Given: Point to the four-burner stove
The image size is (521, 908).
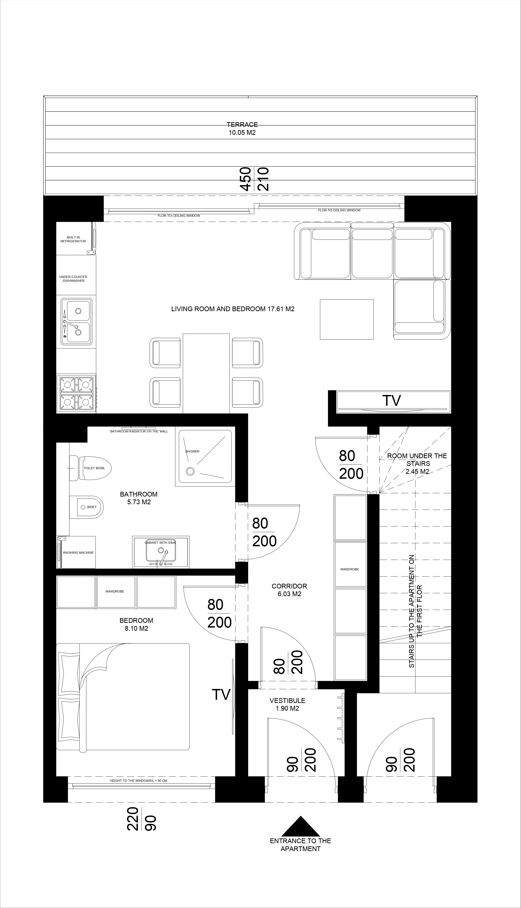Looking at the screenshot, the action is [x=76, y=394].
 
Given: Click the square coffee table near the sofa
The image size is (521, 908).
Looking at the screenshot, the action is [x=347, y=319].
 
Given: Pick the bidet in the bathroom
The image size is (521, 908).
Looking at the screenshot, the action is [x=86, y=507].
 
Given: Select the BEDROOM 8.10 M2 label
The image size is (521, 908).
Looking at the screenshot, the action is [x=136, y=625].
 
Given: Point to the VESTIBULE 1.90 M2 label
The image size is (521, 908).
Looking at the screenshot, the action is [x=287, y=704].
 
